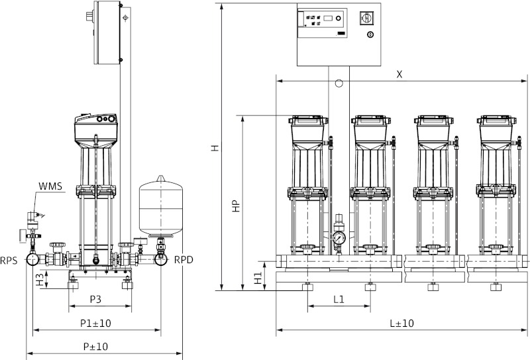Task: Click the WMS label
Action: click(x=51, y=186)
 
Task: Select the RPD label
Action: click(x=184, y=261)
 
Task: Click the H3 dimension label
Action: click(x=40, y=279)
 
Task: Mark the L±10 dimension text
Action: click(x=402, y=323)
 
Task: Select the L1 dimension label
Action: click(x=338, y=300)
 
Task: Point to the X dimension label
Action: click(x=399, y=74)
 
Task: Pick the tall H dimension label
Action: click(x=214, y=149)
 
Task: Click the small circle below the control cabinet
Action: click(x=339, y=84)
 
